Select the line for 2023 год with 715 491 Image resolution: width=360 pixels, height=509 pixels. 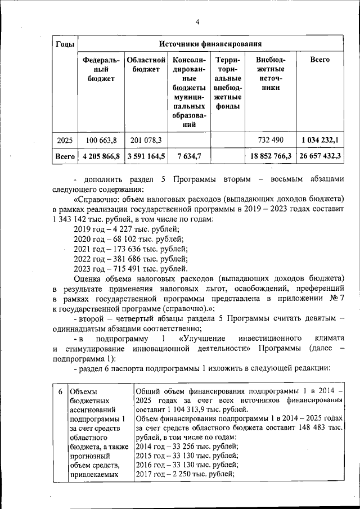pyautogui.click(x=131, y=269)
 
